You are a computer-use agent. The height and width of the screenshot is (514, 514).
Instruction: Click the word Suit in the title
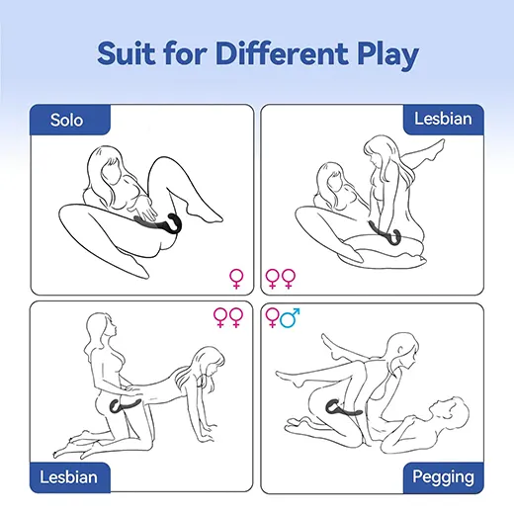(127, 53)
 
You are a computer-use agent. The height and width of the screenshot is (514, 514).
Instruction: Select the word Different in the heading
(282, 53)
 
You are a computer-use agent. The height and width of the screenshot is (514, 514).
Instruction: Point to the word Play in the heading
(388, 55)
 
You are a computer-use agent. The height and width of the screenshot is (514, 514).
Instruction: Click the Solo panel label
(66, 120)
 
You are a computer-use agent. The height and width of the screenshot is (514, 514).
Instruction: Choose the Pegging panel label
(443, 477)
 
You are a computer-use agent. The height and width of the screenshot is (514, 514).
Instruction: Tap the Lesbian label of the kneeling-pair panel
(68, 476)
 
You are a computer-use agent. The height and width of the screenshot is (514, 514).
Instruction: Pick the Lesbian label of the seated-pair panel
(443, 119)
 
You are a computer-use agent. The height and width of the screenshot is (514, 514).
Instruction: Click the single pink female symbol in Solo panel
(236, 279)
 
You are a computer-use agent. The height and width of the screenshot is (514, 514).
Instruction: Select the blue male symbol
(290, 317)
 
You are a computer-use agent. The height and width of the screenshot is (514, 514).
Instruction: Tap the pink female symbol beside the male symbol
(272, 317)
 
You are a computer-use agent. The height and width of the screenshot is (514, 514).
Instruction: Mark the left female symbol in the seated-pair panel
(273, 279)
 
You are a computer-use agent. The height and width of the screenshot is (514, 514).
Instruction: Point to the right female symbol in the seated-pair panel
(289, 279)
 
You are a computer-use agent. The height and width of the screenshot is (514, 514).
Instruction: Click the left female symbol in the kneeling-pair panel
(220, 317)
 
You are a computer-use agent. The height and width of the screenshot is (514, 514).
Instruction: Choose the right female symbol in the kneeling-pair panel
(236, 317)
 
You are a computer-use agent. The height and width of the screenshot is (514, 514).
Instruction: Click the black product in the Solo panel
(158, 224)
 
